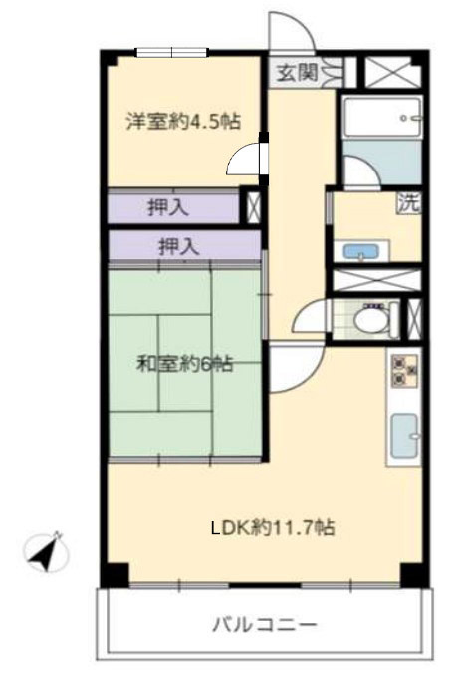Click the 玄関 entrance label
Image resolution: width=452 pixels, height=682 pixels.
pos(297,72)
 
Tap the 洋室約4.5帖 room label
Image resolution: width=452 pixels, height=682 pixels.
pos(183,122)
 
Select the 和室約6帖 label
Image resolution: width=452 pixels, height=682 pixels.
pos(185,364)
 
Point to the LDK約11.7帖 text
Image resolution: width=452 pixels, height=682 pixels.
pos(273,527)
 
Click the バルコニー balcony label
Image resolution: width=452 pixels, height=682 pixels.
pos(265,625)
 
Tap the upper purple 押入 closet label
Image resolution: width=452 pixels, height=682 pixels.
pos(168,207)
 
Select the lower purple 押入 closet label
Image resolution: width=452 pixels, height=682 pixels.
pos(179,247)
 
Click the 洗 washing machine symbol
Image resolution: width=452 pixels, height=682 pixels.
pos(409,203)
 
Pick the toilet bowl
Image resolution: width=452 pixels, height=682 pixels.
pos(369,320)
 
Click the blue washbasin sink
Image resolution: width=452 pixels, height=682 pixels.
pos(360,251)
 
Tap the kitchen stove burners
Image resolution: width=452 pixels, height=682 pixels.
pos(404,371)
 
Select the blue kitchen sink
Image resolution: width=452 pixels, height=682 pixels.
pos(404,436)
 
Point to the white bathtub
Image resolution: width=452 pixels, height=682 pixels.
pos(381,118)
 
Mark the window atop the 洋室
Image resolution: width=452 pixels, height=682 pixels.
pos(172,52)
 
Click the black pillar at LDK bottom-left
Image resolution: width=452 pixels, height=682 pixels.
pos(115,575)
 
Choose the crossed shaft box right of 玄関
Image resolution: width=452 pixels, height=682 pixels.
pos(392,72)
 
